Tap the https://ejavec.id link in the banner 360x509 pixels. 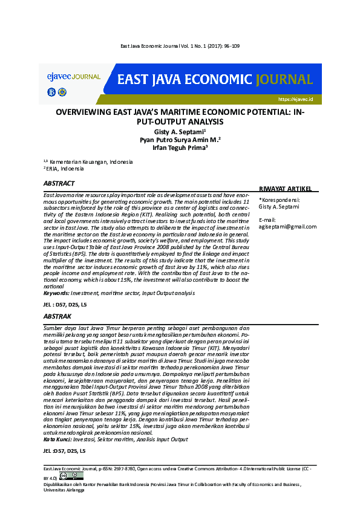pyautogui.click(x=295, y=99)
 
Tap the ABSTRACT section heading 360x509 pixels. pyautogui.click(x=59, y=183)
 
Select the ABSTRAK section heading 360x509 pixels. pyautogui.click(x=57, y=316)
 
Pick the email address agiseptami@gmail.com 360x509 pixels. pyautogui.click(x=287, y=227)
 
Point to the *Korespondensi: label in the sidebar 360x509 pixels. pyautogui.click(x=280, y=199)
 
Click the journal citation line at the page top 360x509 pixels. pyautogui.click(x=180, y=47)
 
